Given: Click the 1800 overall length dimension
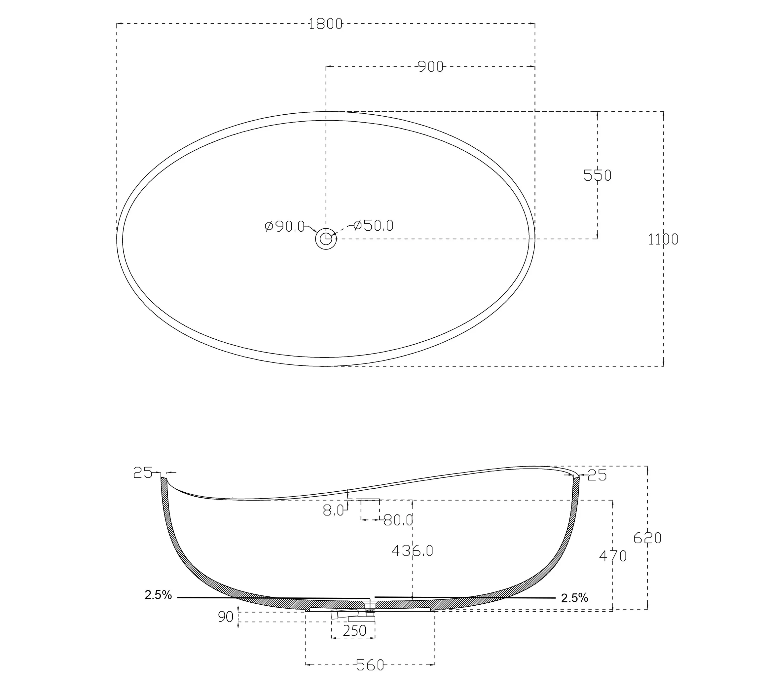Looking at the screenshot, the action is pyautogui.click(x=325, y=23).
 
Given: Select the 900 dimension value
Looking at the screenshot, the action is pyautogui.click(x=431, y=67).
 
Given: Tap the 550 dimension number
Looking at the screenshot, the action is pyautogui.click(x=597, y=175).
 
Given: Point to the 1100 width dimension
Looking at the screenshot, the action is pyautogui.click(x=663, y=239).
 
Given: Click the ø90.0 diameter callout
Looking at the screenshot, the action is pyautogui.click(x=284, y=226).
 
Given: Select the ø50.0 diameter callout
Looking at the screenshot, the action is pyautogui.click(x=373, y=225).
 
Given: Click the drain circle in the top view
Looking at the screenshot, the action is pyautogui.click(x=326, y=239).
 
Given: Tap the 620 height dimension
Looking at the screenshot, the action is pyautogui.click(x=647, y=538).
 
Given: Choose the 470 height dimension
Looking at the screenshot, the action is pyautogui.click(x=613, y=556).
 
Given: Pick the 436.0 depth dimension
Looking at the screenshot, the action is pyautogui.click(x=412, y=550).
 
